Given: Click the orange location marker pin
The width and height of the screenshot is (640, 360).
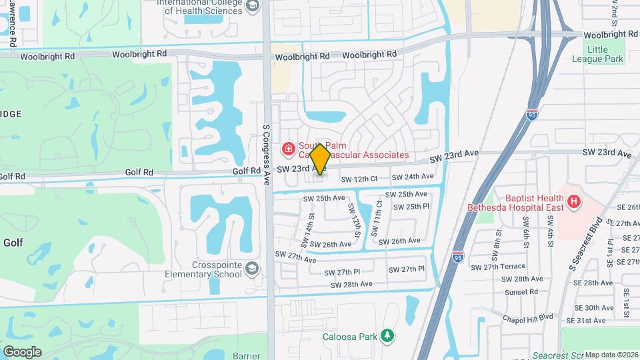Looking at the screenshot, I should click(x=320, y=159).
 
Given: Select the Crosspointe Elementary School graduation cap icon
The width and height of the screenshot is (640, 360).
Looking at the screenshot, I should click(x=253, y=269).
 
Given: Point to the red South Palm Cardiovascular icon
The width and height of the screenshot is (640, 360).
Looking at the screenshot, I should click(x=289, y=148).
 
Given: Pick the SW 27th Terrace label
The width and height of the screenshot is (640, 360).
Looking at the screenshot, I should click(x=509, y=267).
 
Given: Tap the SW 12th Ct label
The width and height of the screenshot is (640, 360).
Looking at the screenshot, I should click(x=359, y=179).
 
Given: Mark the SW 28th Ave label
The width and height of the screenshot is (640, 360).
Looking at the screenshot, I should click(x=351, y=284).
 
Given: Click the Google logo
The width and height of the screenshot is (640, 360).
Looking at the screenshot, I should click(x=22, y=352).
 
